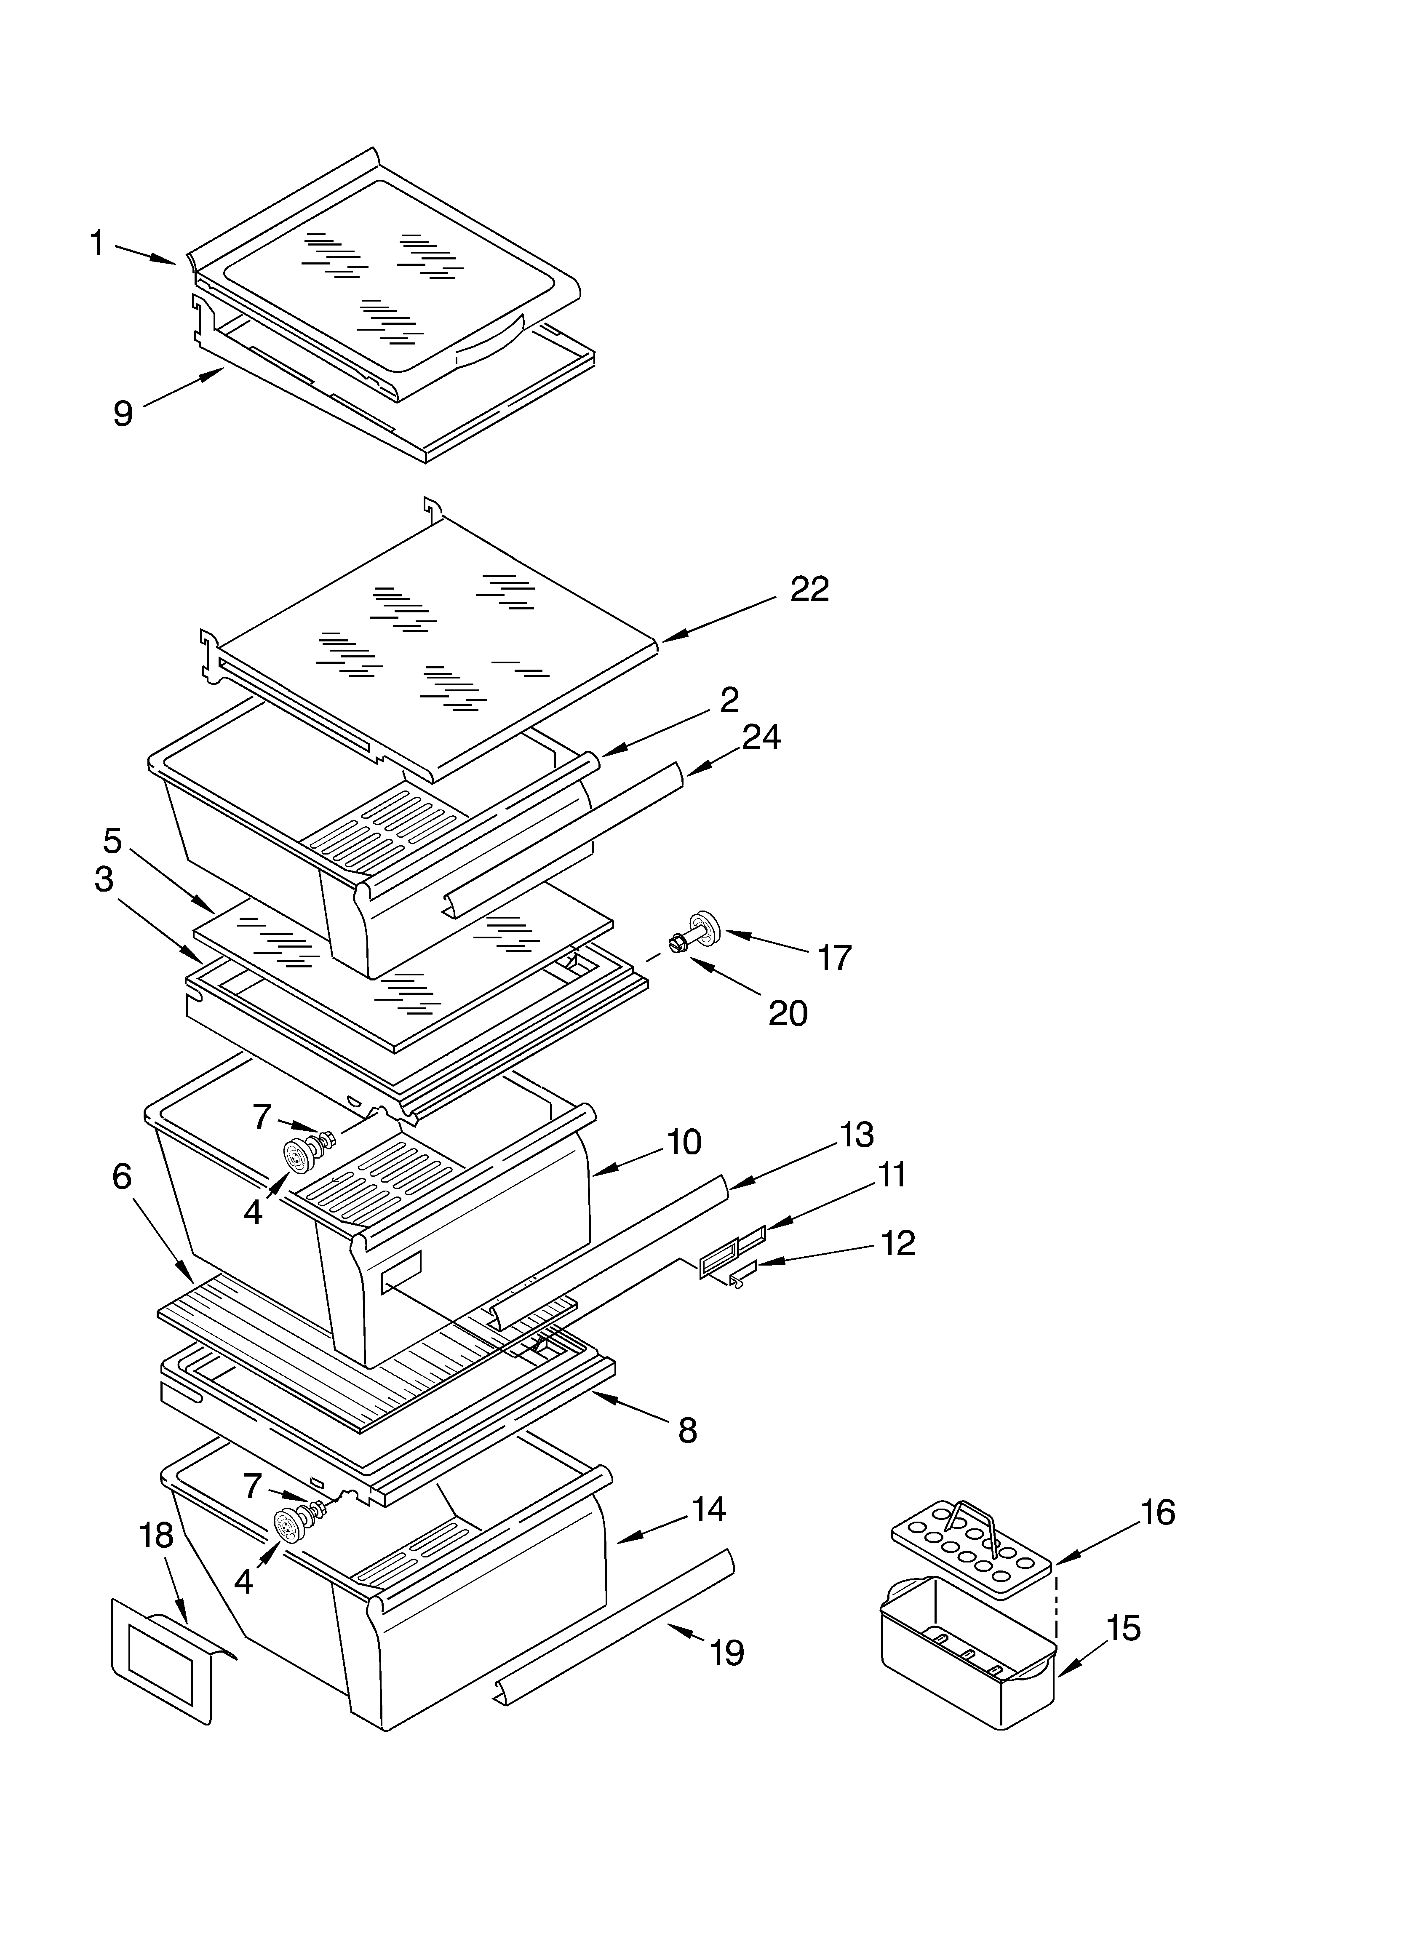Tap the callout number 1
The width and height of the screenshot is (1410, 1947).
[97, 243]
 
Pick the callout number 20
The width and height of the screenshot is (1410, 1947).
[788, 1014]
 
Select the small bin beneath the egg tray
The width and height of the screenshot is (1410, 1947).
[966, 1648]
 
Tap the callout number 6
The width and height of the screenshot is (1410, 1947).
[122, 1176]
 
